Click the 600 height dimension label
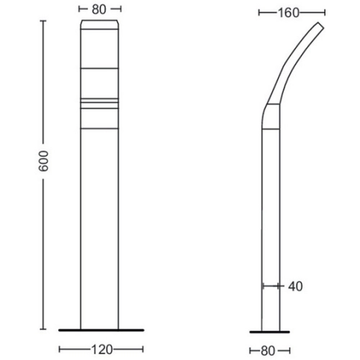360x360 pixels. [x=44, y=161]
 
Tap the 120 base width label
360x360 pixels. [x=102, y=349]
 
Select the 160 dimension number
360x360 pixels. [x=289, y=13]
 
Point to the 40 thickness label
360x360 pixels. [x=295, y=287]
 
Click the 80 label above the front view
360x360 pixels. [x=99, y=9]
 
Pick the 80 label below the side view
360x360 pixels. [x=268, y=351]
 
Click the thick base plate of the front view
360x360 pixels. [x=102, y=330]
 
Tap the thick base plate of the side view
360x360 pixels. [x=269, y=332]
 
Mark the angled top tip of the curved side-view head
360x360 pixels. [x=321, y=25]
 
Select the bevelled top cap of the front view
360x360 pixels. [x=99, y=24]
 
